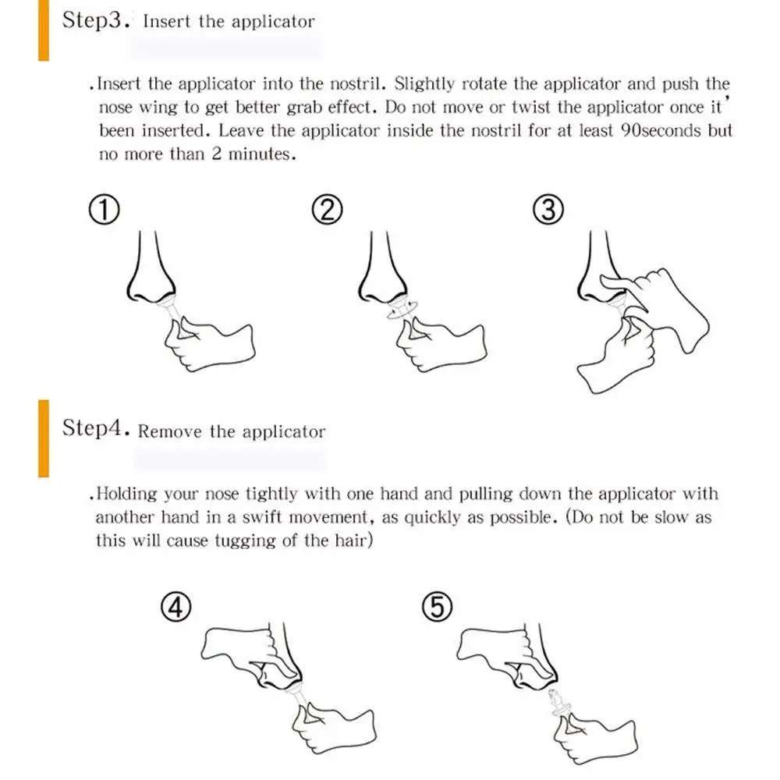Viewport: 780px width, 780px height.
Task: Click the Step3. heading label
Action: (96, 20)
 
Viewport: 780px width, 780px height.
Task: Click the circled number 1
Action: (105, 209)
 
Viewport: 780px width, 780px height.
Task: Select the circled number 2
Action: (328, 209)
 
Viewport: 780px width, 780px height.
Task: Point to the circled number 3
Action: (548, 209)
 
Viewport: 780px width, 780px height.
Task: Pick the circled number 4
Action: (176, 607)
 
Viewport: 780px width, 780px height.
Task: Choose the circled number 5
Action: (437, 607)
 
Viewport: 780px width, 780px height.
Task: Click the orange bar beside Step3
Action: (44, 30)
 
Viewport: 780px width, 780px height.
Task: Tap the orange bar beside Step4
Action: (44, 438)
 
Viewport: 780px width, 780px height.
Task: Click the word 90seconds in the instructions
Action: (661, 130)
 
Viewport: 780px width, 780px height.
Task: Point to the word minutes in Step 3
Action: (261, 154)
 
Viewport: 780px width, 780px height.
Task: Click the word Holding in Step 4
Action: (126, 494)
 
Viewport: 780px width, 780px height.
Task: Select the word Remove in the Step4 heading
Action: (169, 431)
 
